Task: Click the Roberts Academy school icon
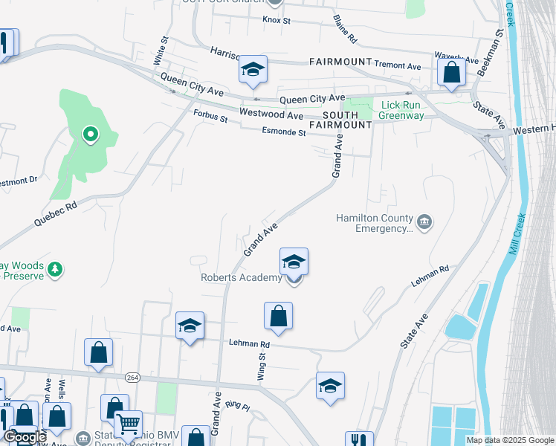tap(294, 262)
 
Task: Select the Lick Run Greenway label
tap(401, 110)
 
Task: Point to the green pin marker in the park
tap(90, 135)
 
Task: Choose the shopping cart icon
tap(129, 424)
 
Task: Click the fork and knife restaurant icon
tap(359, 440)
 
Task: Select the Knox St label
tap(275, 21)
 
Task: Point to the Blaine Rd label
tap(346, 28)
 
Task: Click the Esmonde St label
tap(284, 132)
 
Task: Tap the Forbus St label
tap(210, 115)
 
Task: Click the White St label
tap(158, 51)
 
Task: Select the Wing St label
tap(262, 366)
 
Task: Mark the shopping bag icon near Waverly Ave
tap(450, 72)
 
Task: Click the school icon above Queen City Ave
tap(253, 71)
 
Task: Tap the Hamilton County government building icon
tap(424, 222)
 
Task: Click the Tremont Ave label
tap(398, 66)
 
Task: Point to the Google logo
tap(25, 437)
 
